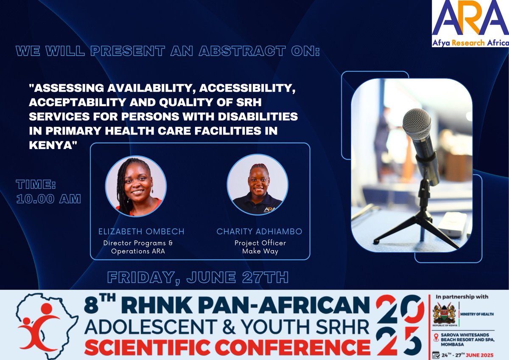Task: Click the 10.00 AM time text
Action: point(48,199)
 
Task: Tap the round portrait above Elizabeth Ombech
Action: point(136,186)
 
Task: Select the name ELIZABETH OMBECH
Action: point(142,232)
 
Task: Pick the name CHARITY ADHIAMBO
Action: point(260,232)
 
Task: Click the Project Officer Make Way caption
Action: point(260,247)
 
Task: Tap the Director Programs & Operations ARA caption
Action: point(138,247)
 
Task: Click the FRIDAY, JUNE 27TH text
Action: point(198,277)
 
